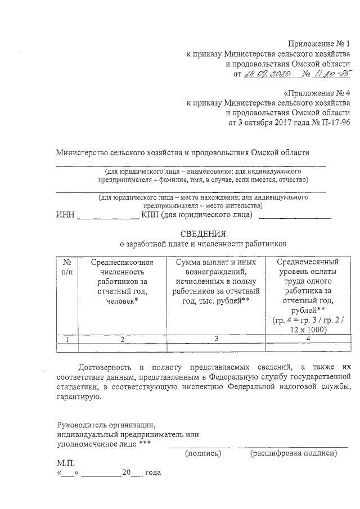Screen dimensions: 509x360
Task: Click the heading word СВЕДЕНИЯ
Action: (203, 233)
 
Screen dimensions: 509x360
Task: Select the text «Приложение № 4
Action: (317, 93)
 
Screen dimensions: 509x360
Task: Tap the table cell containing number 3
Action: (216, 339)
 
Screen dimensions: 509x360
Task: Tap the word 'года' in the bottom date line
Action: (152, 472)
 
